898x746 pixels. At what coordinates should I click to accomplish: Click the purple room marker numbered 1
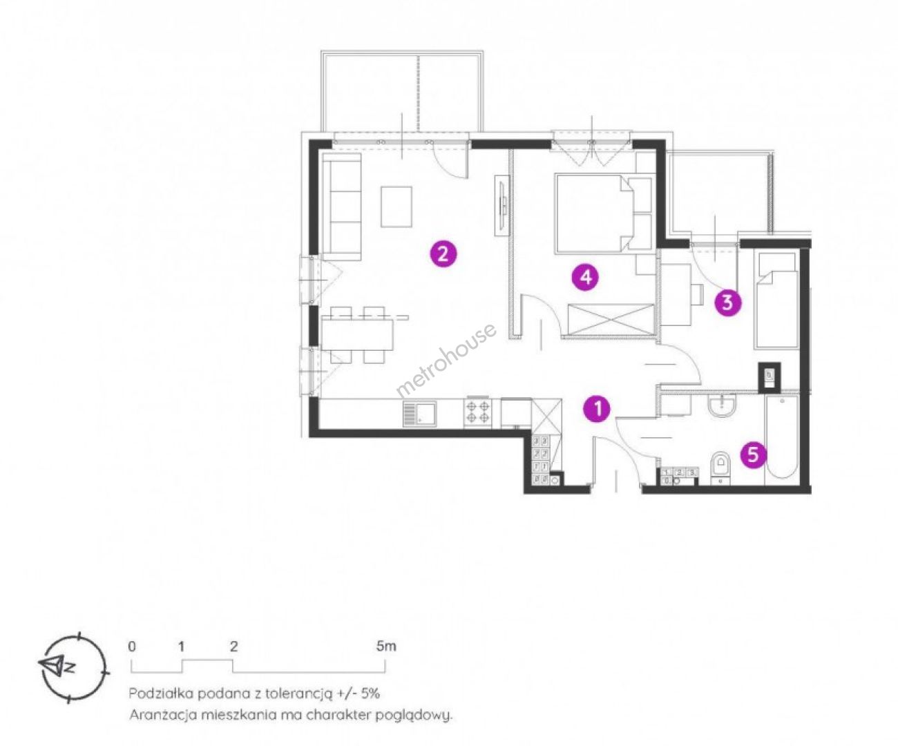point(597,408)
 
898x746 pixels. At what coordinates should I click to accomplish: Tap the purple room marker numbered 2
point(443,254)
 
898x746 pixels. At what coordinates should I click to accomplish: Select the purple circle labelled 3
point(727,303)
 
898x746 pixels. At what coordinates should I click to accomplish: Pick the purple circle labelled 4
point(585,277)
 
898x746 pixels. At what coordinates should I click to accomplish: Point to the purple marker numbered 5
point(753,455)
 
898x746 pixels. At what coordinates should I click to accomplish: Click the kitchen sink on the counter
point(420,414)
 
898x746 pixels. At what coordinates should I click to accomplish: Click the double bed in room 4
point(604,212)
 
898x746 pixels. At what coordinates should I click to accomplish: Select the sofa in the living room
point(341,207)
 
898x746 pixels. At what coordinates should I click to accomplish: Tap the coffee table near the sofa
point(397,207)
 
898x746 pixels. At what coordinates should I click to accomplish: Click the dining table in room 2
point(358,334)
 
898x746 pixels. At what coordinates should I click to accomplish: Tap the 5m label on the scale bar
point(386,647)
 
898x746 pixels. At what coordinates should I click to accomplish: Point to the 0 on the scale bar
point(132,647)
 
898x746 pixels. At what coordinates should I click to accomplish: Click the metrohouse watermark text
point(446,361)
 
